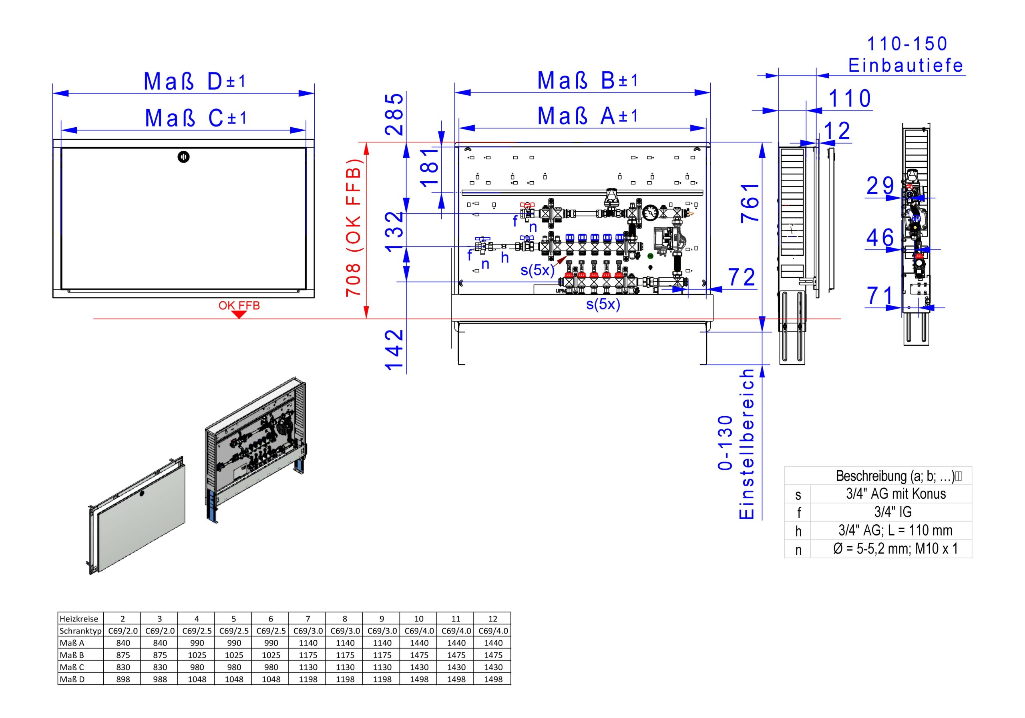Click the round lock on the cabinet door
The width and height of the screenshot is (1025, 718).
point(183,156)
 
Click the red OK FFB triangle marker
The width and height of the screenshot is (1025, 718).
point(239,314)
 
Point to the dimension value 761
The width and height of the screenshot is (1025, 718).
point(750,203)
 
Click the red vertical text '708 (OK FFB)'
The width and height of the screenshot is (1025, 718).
point(354,228)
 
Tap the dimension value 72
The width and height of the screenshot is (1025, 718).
point(742,278)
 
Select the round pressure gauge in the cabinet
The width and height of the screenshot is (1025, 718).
point(651,213)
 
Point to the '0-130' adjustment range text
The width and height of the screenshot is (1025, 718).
point(726,443)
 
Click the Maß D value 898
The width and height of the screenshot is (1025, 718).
point(123,679)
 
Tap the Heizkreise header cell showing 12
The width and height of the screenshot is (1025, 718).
point(492,618)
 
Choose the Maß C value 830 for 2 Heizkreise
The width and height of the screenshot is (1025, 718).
point(123,667)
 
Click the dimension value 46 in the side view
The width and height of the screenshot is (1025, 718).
point(880,237)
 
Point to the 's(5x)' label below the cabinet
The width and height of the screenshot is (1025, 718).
point(603,304)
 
